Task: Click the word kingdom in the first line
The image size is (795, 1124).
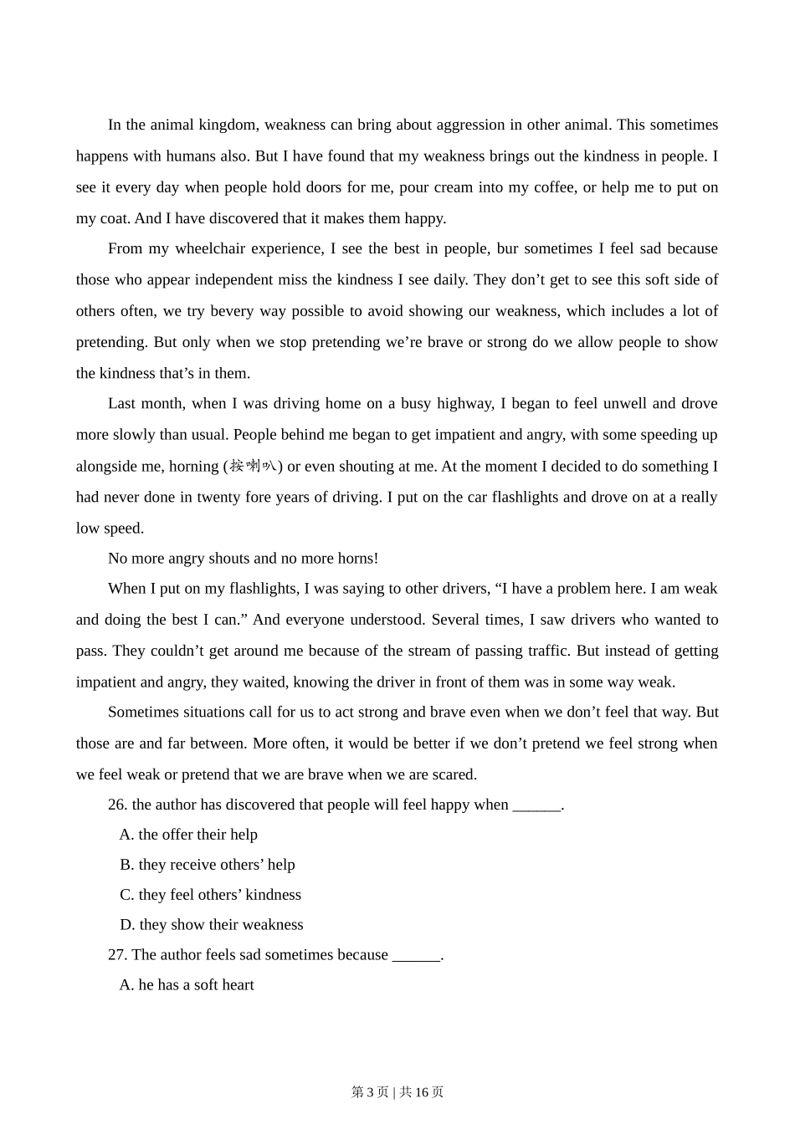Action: [x=227, y=125]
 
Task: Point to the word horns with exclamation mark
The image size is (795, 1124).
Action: [x=357, y=558]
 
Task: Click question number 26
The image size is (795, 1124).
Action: [x=117, y=805]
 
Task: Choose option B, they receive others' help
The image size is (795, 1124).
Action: [x=208, y=865]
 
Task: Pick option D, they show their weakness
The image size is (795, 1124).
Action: [x=212, y=925]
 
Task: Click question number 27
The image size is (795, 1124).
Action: [x=117, y=955]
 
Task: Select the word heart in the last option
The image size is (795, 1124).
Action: [x=236, y=985]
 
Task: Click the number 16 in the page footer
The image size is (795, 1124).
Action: [x=422, y=1092]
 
